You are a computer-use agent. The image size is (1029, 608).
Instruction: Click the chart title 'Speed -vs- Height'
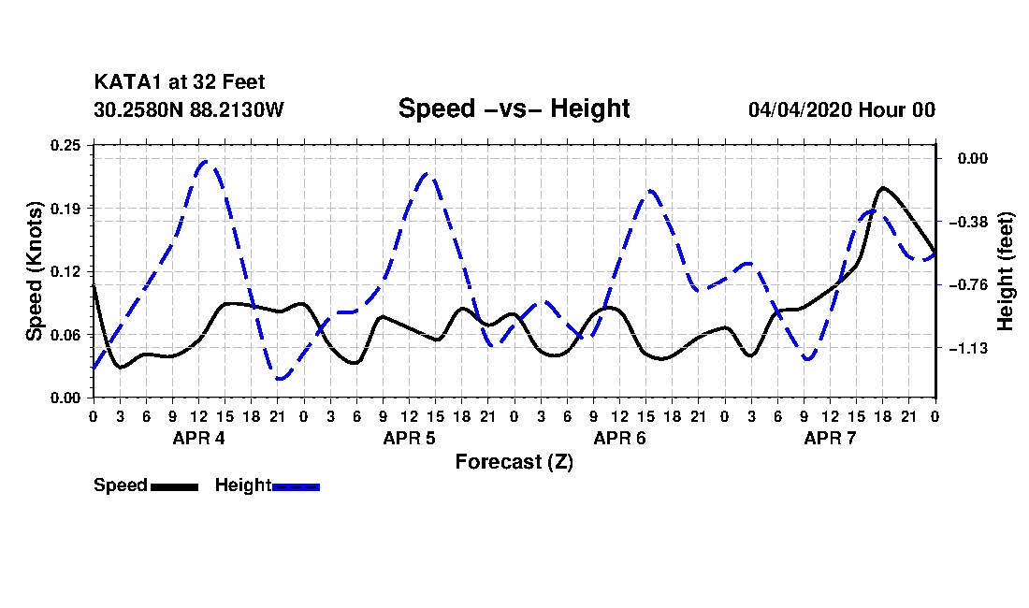tap(514, 109)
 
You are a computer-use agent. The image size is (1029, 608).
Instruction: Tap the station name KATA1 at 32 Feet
tap(180, 82)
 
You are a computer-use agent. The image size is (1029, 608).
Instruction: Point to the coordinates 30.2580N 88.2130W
tap(188, 109)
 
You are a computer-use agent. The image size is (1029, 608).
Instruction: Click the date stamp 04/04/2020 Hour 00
tap(841, 109)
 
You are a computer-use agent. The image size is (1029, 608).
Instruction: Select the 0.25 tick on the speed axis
tap(65, 145)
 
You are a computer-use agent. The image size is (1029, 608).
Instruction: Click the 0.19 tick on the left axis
tap(65, 209)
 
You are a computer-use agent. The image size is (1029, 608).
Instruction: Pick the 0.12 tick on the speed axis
tap(65, 271)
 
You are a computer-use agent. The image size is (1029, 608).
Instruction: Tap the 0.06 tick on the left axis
tap(65, 335)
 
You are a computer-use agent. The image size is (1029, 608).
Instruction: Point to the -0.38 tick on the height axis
tap(968, 222)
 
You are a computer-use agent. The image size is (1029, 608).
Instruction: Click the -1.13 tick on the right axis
tap(968, 348)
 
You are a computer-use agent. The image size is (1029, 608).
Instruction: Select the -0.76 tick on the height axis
tap(968, 284)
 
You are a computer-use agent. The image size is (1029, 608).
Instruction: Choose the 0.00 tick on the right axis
tap(973, 159)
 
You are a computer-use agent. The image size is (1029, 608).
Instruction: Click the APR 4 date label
tap(198, 438)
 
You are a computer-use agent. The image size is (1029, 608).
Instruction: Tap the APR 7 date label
tap(830, 438)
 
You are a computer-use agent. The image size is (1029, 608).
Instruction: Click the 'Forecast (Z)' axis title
tap(514, 462)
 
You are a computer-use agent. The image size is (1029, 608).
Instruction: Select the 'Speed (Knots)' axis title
tap(34, 271)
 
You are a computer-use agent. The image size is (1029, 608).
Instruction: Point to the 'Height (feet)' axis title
tap(1005, 271)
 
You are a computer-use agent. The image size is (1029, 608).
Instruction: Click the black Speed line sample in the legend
tap(174, 486)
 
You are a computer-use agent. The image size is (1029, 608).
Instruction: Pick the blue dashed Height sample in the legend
tap(296, 486)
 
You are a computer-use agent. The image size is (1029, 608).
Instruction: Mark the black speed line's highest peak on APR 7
tap(883, 188)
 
